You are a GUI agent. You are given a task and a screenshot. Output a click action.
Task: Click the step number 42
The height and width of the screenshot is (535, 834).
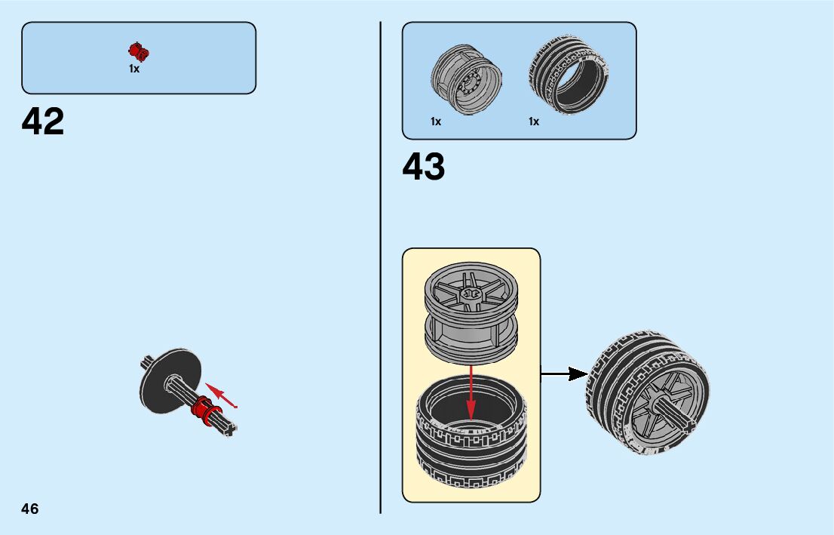click(x=43, y=121)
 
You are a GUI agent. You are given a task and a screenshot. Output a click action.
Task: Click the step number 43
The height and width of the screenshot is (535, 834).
click(x=424, y=167)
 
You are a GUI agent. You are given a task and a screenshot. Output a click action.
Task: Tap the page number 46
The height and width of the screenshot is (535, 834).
click(x=30, y=508)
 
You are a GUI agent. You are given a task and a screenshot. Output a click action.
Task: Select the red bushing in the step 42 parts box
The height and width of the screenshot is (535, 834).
click(x=139, y=51)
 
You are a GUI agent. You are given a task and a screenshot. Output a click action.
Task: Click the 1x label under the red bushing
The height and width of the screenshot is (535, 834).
click(x=134, y=69)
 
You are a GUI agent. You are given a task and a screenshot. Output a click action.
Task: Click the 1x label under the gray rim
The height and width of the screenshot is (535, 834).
click(x=436, y=121)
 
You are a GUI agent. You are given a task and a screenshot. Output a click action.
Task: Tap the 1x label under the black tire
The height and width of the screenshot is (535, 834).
click(x=534, y=121)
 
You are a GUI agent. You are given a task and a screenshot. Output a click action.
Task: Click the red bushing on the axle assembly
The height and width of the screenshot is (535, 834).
click(x=201, y=409)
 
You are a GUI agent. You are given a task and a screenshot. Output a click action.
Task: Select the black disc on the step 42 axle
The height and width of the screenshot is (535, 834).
click(x=170, y=380)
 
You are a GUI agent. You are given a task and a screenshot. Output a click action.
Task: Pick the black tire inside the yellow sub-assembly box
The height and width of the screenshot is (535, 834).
click(x=471, y=438)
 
